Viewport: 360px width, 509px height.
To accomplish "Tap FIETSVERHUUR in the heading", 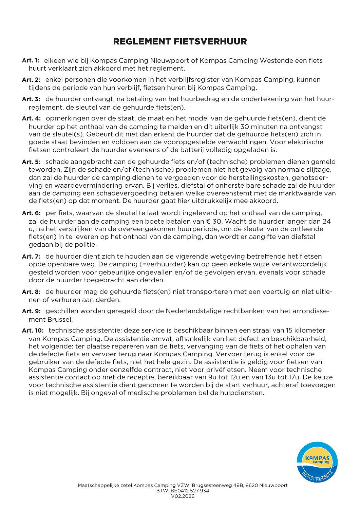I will point(210,41).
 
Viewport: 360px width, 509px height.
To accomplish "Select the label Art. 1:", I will point(31,60).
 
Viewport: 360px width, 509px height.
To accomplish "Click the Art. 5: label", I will point(31,162).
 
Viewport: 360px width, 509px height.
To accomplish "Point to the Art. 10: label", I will point(33,331).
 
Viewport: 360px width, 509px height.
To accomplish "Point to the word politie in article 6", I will point(86,244).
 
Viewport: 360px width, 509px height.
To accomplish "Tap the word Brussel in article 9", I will point(60,319).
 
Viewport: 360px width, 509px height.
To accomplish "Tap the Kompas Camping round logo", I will point(317,462).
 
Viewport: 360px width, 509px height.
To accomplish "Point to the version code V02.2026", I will point(183,496).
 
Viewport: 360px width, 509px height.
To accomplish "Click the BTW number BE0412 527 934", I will point(190,491).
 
